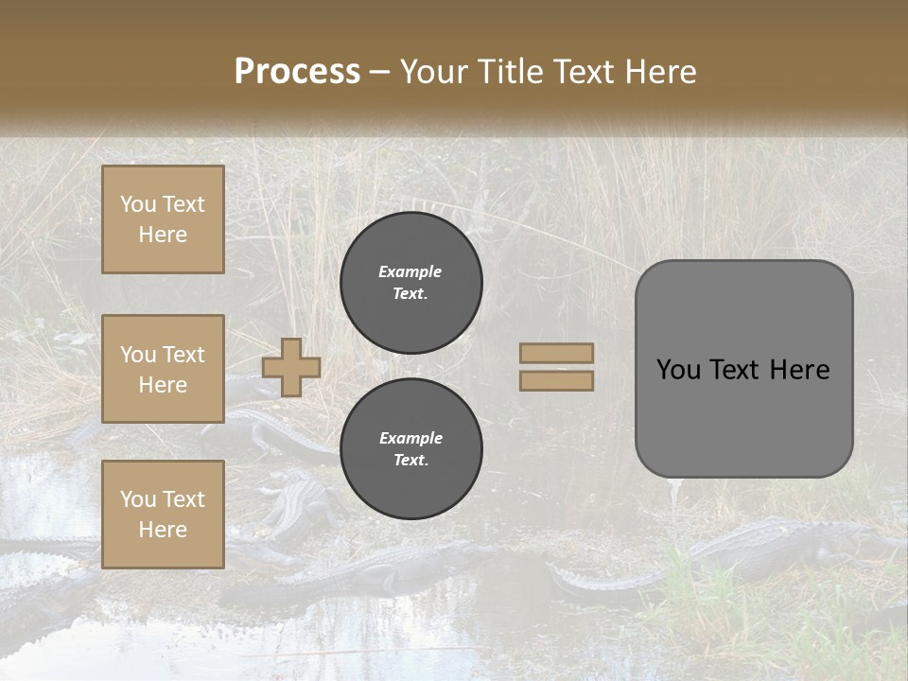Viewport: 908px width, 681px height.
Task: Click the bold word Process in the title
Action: tap(297, 72)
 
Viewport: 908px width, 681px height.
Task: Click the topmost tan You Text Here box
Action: tap(163, 219)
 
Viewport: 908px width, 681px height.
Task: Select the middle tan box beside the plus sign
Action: tap(163, 369)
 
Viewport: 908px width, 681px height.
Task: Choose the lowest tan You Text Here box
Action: tap(163, 514)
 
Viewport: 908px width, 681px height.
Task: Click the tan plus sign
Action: tap(291, 367)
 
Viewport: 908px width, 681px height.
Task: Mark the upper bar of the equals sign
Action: tap(557, 353)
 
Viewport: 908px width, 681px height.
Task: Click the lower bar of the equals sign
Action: tap(557, 381)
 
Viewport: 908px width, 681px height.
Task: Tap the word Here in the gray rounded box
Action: tap(800, 370)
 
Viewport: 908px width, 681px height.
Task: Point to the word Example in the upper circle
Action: tap(410, 271)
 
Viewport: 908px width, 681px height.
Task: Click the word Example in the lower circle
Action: tap(410, 438)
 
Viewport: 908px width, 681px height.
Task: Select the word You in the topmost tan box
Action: tap(138, 204)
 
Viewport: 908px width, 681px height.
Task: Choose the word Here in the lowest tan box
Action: tap(163, 530)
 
